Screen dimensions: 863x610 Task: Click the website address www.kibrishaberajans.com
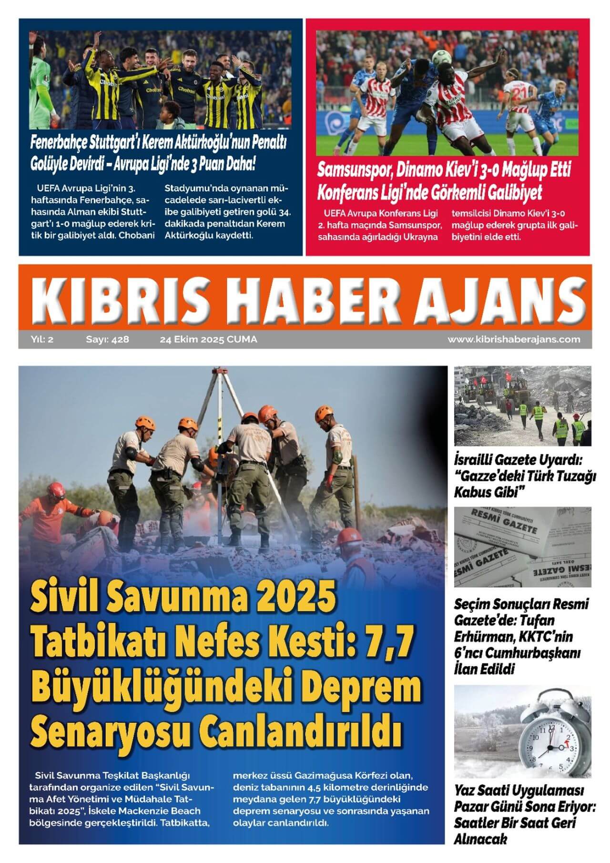pos(514,339)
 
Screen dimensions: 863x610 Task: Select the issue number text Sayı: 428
pos(107,339)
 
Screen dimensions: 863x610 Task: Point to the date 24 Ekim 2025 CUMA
pos(208,339)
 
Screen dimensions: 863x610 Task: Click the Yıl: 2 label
pos(42,339)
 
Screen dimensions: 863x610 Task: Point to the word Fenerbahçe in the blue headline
pos(60,142)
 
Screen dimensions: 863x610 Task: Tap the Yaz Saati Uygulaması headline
pos(518,791)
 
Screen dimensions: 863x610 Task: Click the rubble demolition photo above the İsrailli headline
pos(522,406)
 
